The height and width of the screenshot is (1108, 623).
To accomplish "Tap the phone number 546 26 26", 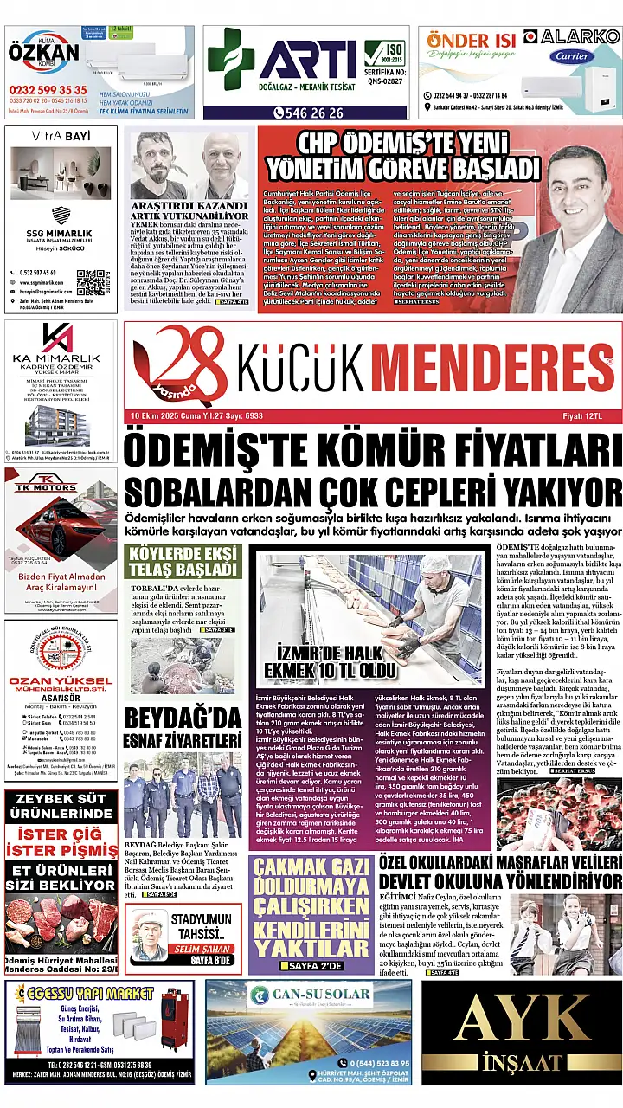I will point(309,113).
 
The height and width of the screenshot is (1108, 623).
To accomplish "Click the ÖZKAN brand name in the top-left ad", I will point(43,54).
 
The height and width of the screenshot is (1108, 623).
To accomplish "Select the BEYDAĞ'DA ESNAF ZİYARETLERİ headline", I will point(183,729).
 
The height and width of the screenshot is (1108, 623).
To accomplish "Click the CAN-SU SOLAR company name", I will point(316,993).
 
